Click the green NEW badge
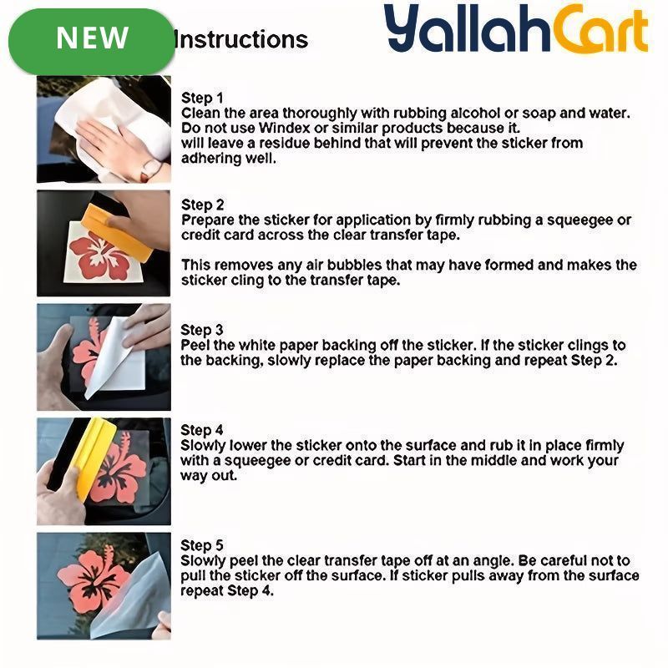[x=92, y=41]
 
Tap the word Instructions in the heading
[x=241, y=40]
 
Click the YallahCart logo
[x=516, y=29]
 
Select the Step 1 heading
[x=202, y=98]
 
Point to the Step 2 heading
[x=202, y=205]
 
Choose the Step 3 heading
[x=202, y=330]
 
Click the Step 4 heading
[x=202, y=430]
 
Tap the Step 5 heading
[x=202, y=545]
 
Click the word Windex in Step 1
[x=284, y=128]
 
